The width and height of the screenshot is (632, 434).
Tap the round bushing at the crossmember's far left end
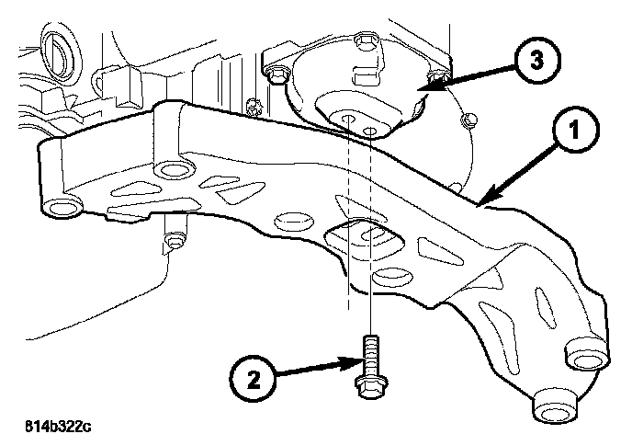(x=62, y=210)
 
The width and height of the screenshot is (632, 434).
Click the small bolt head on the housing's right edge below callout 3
(x=469, y=119)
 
